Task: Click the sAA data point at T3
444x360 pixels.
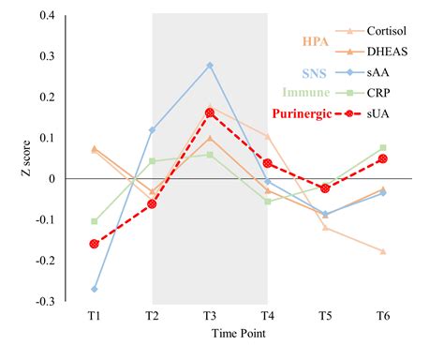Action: (210, 66)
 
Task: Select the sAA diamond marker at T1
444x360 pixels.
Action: (95, 289)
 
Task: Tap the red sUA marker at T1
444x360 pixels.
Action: (95, 244)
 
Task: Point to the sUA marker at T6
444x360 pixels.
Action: (383, 158)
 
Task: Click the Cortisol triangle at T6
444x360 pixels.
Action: (383, 251)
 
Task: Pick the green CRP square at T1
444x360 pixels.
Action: (95, 221)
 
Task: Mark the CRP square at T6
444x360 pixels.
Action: (383, 147)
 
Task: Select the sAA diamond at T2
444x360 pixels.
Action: (152, 130)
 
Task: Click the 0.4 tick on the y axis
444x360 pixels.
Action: (47, 16)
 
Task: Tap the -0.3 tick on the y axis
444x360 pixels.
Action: (45, 302)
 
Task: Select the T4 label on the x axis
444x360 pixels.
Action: (268, 316)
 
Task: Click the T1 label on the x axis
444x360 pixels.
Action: (95, 316)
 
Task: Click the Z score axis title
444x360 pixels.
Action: (15, 158)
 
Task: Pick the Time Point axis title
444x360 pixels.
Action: (238, 333)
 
